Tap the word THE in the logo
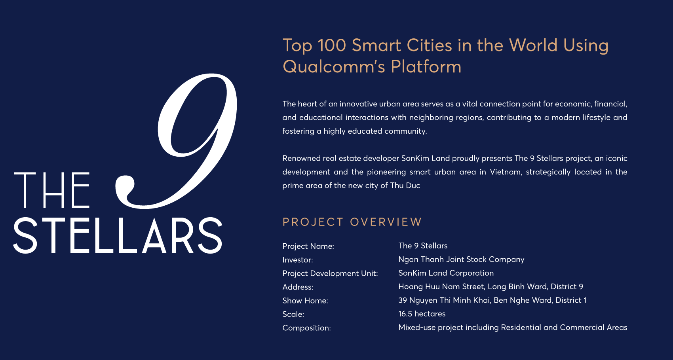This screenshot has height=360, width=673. pos(52,190)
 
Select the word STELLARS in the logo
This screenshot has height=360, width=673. pos(118,235)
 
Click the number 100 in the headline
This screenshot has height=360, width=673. pos(332,45)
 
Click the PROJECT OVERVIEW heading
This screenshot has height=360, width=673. pos(352,222)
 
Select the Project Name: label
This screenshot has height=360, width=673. pos(308,246)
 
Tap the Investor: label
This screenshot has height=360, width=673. pos(298,260)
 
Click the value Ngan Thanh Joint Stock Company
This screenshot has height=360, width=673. pos(461,260)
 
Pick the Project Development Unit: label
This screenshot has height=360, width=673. pos(330,273)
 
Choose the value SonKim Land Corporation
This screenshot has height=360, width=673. pos(446,273)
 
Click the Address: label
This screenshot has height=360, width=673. pos(298,287)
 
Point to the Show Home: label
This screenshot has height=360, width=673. pos(305,301)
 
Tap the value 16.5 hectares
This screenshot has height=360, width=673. pos(422,314)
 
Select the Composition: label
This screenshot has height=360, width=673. pos(306,328)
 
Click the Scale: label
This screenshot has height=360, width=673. pos(293,315)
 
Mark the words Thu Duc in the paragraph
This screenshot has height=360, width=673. pos(405,186)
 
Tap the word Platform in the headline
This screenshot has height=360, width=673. pos(426,66)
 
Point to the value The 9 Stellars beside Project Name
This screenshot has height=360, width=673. pos(423,246)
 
